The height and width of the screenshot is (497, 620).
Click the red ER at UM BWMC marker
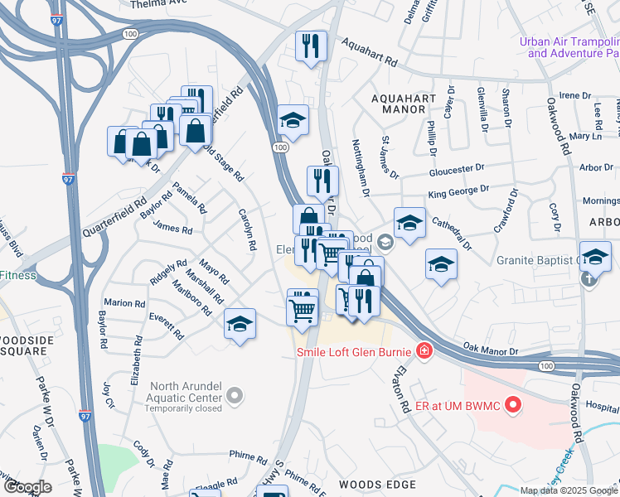(513, 405)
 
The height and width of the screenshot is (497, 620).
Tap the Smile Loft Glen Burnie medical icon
(424, 351)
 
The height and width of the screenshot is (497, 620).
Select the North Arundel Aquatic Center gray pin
(235, 395)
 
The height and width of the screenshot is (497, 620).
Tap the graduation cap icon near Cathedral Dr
(409, 223)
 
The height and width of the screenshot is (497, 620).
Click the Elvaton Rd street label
(403, 390)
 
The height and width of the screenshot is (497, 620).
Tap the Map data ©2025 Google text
(569, 490)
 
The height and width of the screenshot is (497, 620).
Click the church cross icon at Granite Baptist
(589, 277)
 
